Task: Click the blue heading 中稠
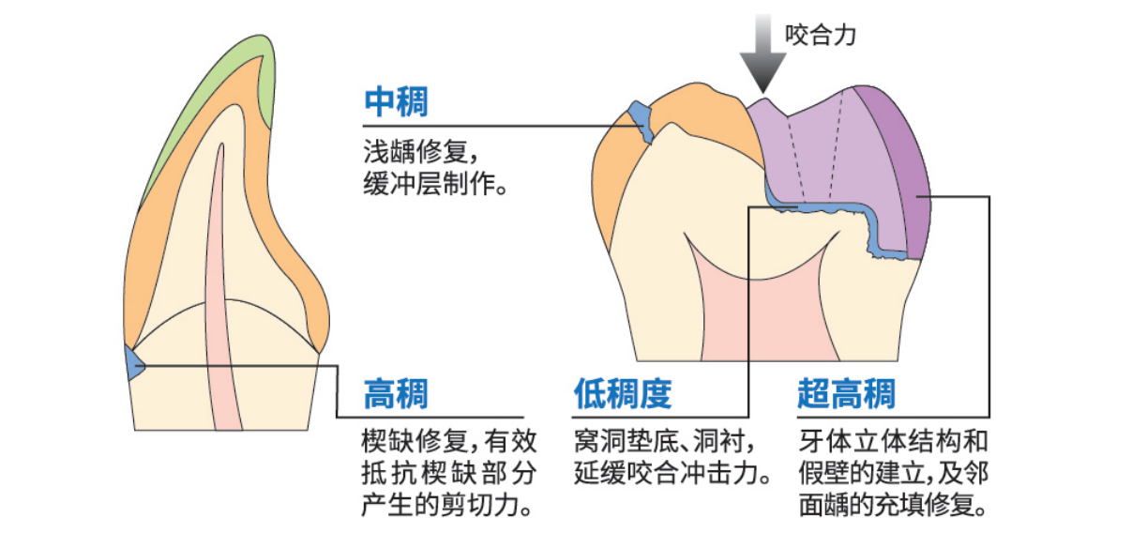396,102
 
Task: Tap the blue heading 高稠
396,394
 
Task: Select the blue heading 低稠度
623,394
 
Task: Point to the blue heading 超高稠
846,394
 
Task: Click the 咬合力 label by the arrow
821,37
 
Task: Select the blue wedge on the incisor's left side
133,362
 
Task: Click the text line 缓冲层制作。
435,184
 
